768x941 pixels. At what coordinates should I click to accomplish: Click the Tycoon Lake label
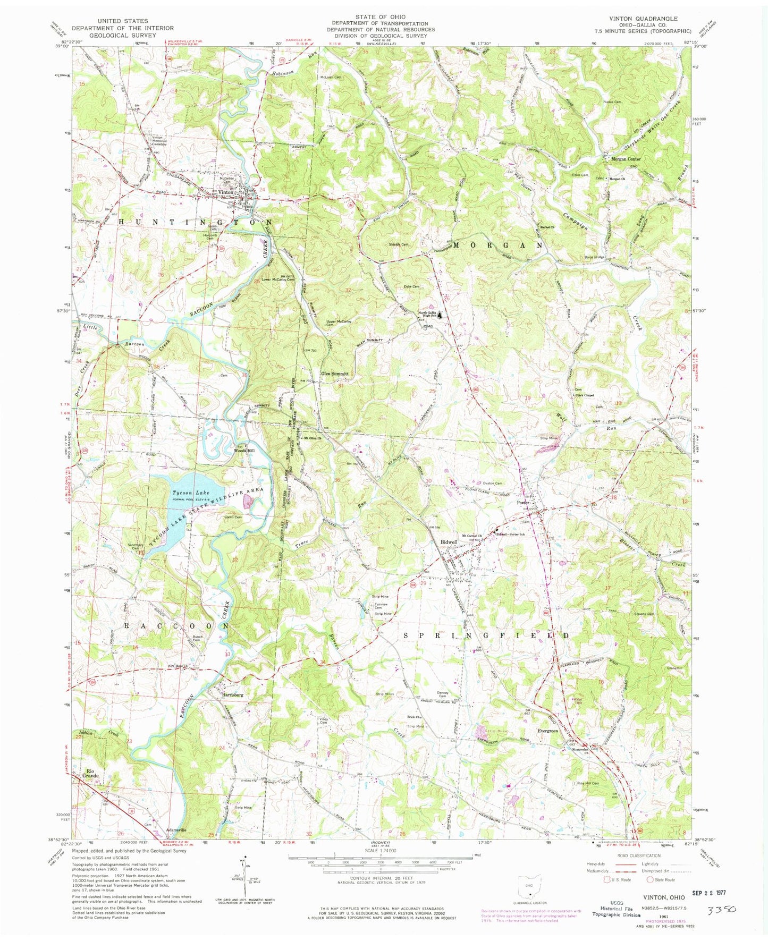tap(187, 493)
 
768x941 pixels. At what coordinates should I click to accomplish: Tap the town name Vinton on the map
tap(225, 192)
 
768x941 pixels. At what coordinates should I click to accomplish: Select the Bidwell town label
tap(449, 542)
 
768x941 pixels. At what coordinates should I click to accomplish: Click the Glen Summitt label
tap(334, 374)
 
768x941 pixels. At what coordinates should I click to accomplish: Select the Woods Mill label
tap(244, 451)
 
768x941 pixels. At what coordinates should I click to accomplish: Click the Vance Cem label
tap(612, 102)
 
